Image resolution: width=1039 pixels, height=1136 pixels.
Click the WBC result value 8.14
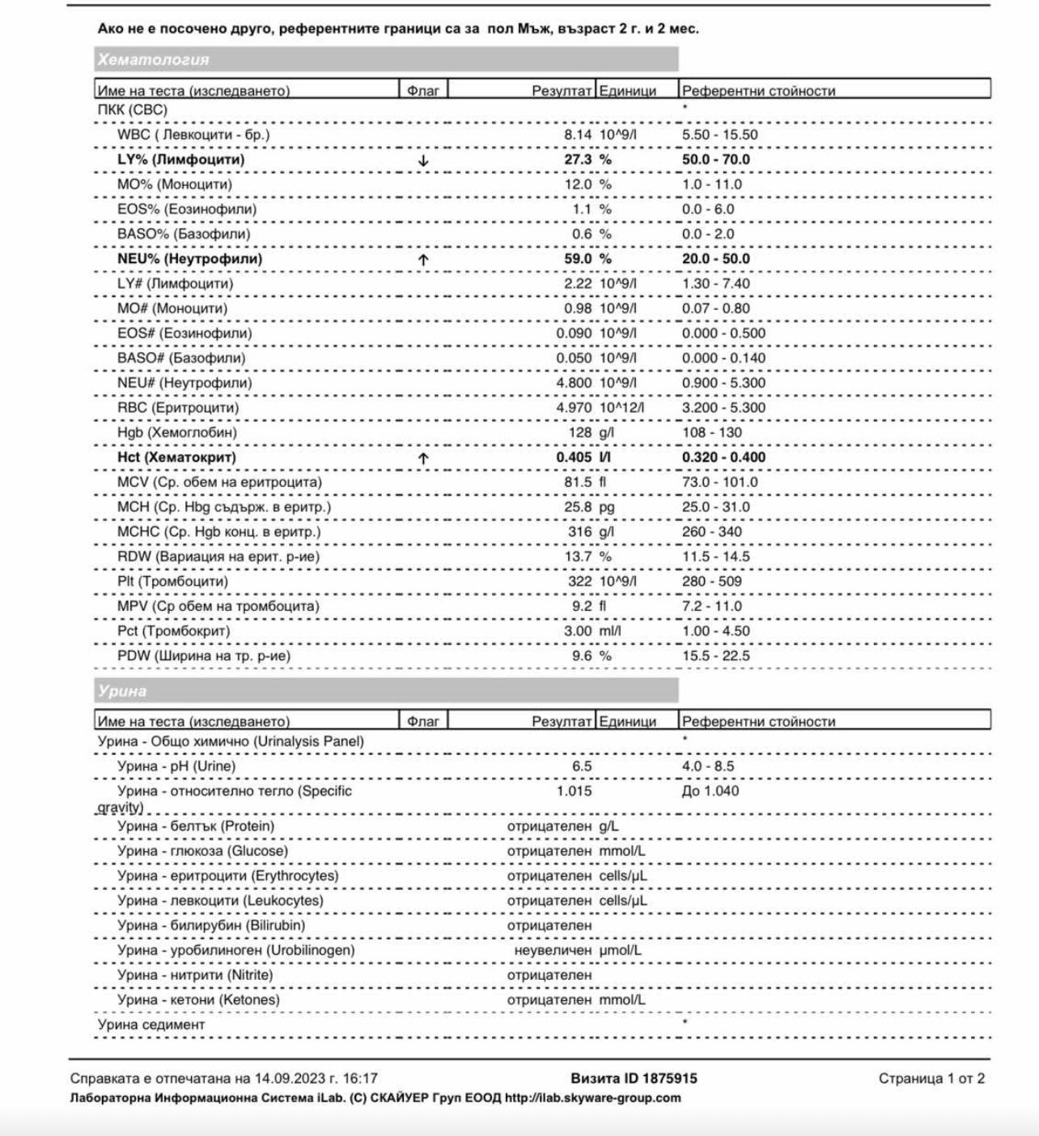click(x=578, y=135)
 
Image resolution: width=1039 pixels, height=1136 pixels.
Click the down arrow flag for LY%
click(x=423, y=160)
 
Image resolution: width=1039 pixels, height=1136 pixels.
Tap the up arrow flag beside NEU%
click(x=423, y=260)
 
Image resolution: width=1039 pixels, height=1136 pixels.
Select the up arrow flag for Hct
click(x=423, y=458)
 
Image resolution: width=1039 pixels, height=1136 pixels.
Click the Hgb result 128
click(x=580, y=433)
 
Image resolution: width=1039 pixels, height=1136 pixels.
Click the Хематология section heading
click(x=154, y=59)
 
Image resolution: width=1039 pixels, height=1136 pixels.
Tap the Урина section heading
click(x=122, y=691)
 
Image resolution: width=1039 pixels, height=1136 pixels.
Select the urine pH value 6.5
click(x=582, y=766)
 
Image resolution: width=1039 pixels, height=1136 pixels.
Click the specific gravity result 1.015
click(x=574, y=791)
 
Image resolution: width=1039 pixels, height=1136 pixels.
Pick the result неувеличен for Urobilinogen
click(x=553, y=951)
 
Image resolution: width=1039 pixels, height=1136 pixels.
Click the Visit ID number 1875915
click(x=669, y=1079)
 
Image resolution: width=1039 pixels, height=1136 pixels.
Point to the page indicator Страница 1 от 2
click(x=931, y=1079)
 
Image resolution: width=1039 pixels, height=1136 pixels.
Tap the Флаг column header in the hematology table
click(x=423, y=91)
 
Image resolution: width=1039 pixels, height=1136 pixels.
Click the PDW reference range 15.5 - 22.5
click(x=716, y=656)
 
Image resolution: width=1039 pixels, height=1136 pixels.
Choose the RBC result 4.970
click(x=574, y=408)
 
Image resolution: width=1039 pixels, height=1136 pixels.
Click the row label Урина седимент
click(x=151, y=1025)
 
